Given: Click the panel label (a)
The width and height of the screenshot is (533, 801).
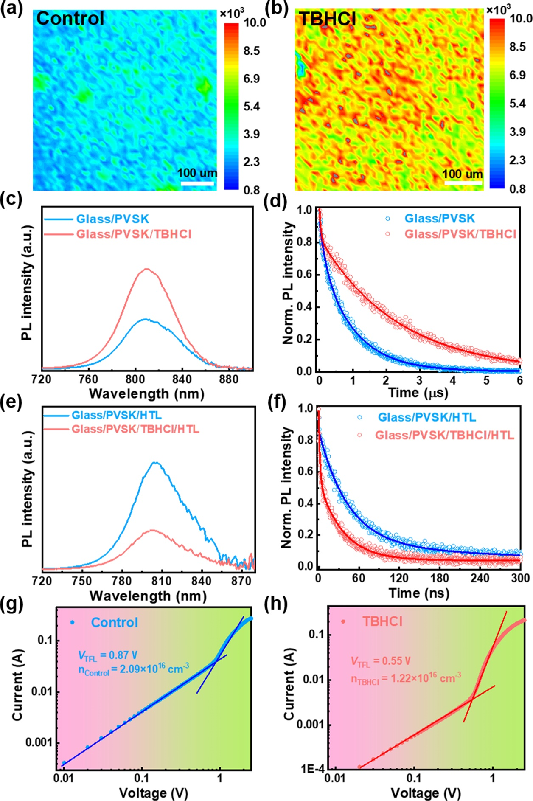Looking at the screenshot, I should (x=11, y=8).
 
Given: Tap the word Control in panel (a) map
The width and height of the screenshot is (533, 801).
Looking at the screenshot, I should (x=70, y=19).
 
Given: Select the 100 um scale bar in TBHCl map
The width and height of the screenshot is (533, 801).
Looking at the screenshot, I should (x=463, y=183).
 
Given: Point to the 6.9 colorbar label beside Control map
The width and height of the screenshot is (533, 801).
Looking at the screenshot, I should (x=252, y=79).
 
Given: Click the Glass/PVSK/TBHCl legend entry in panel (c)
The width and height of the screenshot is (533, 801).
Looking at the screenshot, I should (x=134, y=234).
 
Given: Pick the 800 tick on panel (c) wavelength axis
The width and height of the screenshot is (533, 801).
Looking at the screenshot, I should (x=135, y=379).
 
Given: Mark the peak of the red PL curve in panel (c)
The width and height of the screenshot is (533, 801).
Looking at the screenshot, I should (x=147, y=269).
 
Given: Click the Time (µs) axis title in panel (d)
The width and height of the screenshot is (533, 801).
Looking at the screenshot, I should (x=418, y=393).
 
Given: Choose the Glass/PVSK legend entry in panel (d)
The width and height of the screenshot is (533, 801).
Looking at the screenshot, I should (x=439, y=219).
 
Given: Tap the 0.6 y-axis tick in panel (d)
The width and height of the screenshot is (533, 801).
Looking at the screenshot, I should (x=304, y=274).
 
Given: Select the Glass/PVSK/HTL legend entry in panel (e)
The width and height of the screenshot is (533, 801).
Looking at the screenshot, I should (x=116, y=415).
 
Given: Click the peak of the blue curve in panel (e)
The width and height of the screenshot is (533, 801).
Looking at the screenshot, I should (x=155, y=462).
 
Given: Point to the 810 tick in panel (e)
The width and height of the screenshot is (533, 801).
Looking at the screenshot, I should (x=161, y=580).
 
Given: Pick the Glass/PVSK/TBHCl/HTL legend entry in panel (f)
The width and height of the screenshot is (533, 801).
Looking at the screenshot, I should (x=444, y=435).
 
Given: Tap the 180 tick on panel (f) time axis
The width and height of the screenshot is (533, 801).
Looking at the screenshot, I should (x=439, y=578).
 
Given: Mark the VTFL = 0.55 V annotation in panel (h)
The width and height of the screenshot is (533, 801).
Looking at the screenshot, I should (x=381, y=661).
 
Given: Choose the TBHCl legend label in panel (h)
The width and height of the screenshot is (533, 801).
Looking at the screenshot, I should (x=382, y=621).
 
